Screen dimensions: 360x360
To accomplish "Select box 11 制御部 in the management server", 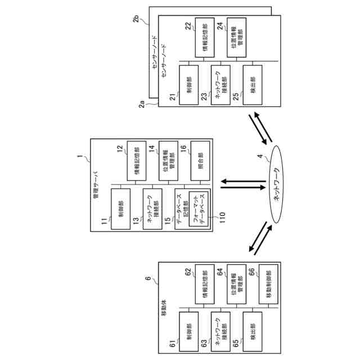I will click(x=120, y=209).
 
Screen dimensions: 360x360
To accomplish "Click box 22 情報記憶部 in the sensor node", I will click(x=204, y=39).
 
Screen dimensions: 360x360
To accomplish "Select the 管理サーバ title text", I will click(x=96, y=186).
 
